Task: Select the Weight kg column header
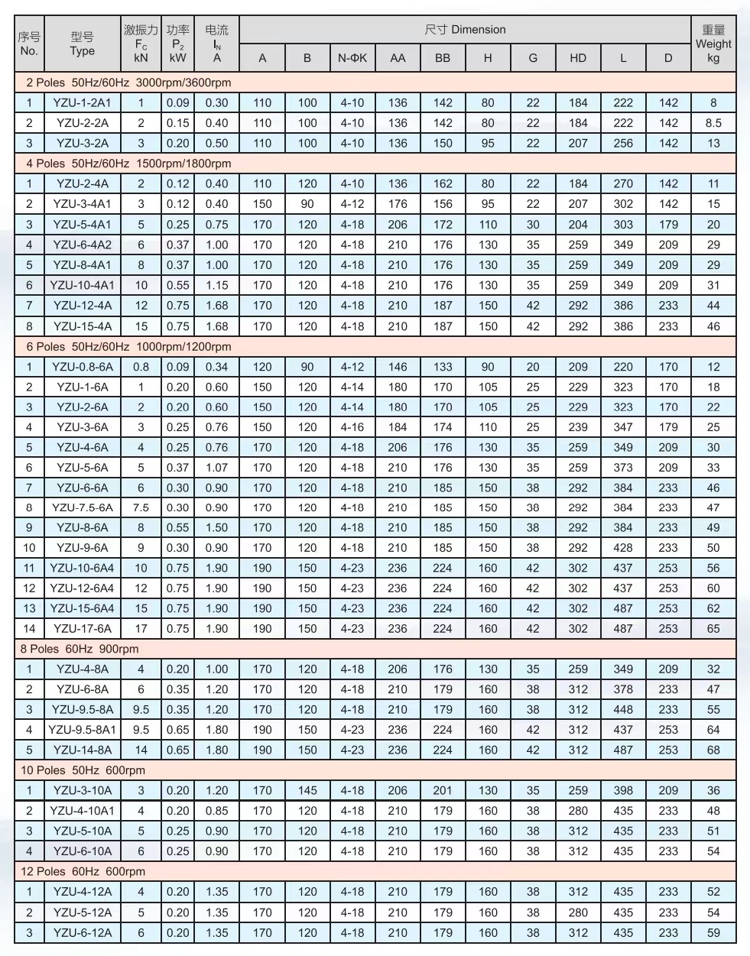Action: pyautogui.click(x=713, y=44)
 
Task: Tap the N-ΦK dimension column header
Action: pyautogui.click(x=352, y=58)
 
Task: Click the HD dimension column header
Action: pyautogui.click(x=578, y=58)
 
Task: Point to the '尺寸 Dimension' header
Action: pyautogui.click(x=465, y=30)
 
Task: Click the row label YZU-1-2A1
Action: pyautogui.click(x=82, y=102)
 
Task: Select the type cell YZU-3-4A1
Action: pyautogui.click(x=82, y=204)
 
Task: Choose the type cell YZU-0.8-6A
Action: pyautogui.click(x=82, y=367)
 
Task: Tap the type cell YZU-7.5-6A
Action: pyautogui.click(x=82, y=507)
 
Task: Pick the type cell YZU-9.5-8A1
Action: pyautogui.click(x=82, y=730)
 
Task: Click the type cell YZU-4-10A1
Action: pyautogui.click(x=82, y=811)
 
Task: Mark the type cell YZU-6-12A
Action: pyautogui.click(x=82, y=932)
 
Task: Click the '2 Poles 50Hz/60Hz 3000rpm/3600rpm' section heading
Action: pyautogui.click(x=128, y=83)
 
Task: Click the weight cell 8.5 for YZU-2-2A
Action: pyautogui.click(x=713, y=123)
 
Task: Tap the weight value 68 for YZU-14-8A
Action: pyautogui.click(x=713, y=750)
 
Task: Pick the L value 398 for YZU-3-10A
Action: pyautogui.click(x=623, y=790)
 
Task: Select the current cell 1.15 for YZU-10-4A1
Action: pyautogui.click(x=216, y=285)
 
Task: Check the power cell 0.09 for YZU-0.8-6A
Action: pyautogui.click(x=177, y=367)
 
